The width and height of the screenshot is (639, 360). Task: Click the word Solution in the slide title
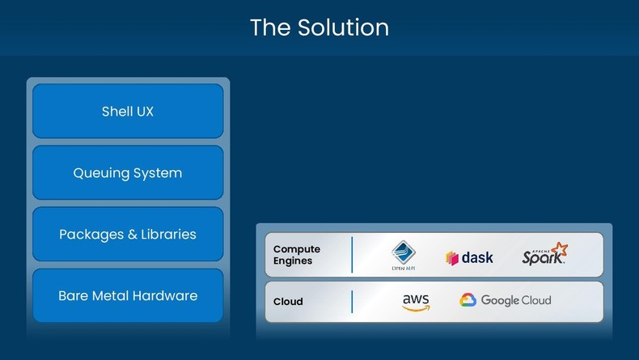click(343, 28)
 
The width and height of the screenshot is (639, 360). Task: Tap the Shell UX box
click(128, 112)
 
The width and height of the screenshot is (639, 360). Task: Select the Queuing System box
click(128, 173)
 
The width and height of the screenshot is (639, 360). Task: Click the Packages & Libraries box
click(128, 235)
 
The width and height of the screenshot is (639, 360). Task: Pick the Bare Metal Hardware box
click(128, 296)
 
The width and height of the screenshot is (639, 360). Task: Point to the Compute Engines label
click(297, 255)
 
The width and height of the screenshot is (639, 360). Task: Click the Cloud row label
click(288, 302)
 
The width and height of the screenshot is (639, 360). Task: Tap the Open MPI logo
click(404, 256)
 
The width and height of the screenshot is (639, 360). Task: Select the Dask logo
click(469, 258)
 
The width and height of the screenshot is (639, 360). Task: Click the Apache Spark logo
click(544, 256)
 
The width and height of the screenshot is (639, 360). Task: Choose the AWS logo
click(416, 302)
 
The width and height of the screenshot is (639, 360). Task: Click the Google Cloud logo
click(506, 301)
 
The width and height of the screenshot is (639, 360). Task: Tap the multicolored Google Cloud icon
click(468, 301)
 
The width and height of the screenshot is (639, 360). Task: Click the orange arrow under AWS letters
click(416, 308)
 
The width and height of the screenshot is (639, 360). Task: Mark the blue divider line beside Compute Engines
click(352, 255)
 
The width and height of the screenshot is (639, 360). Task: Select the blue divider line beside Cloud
click(352, 302)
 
